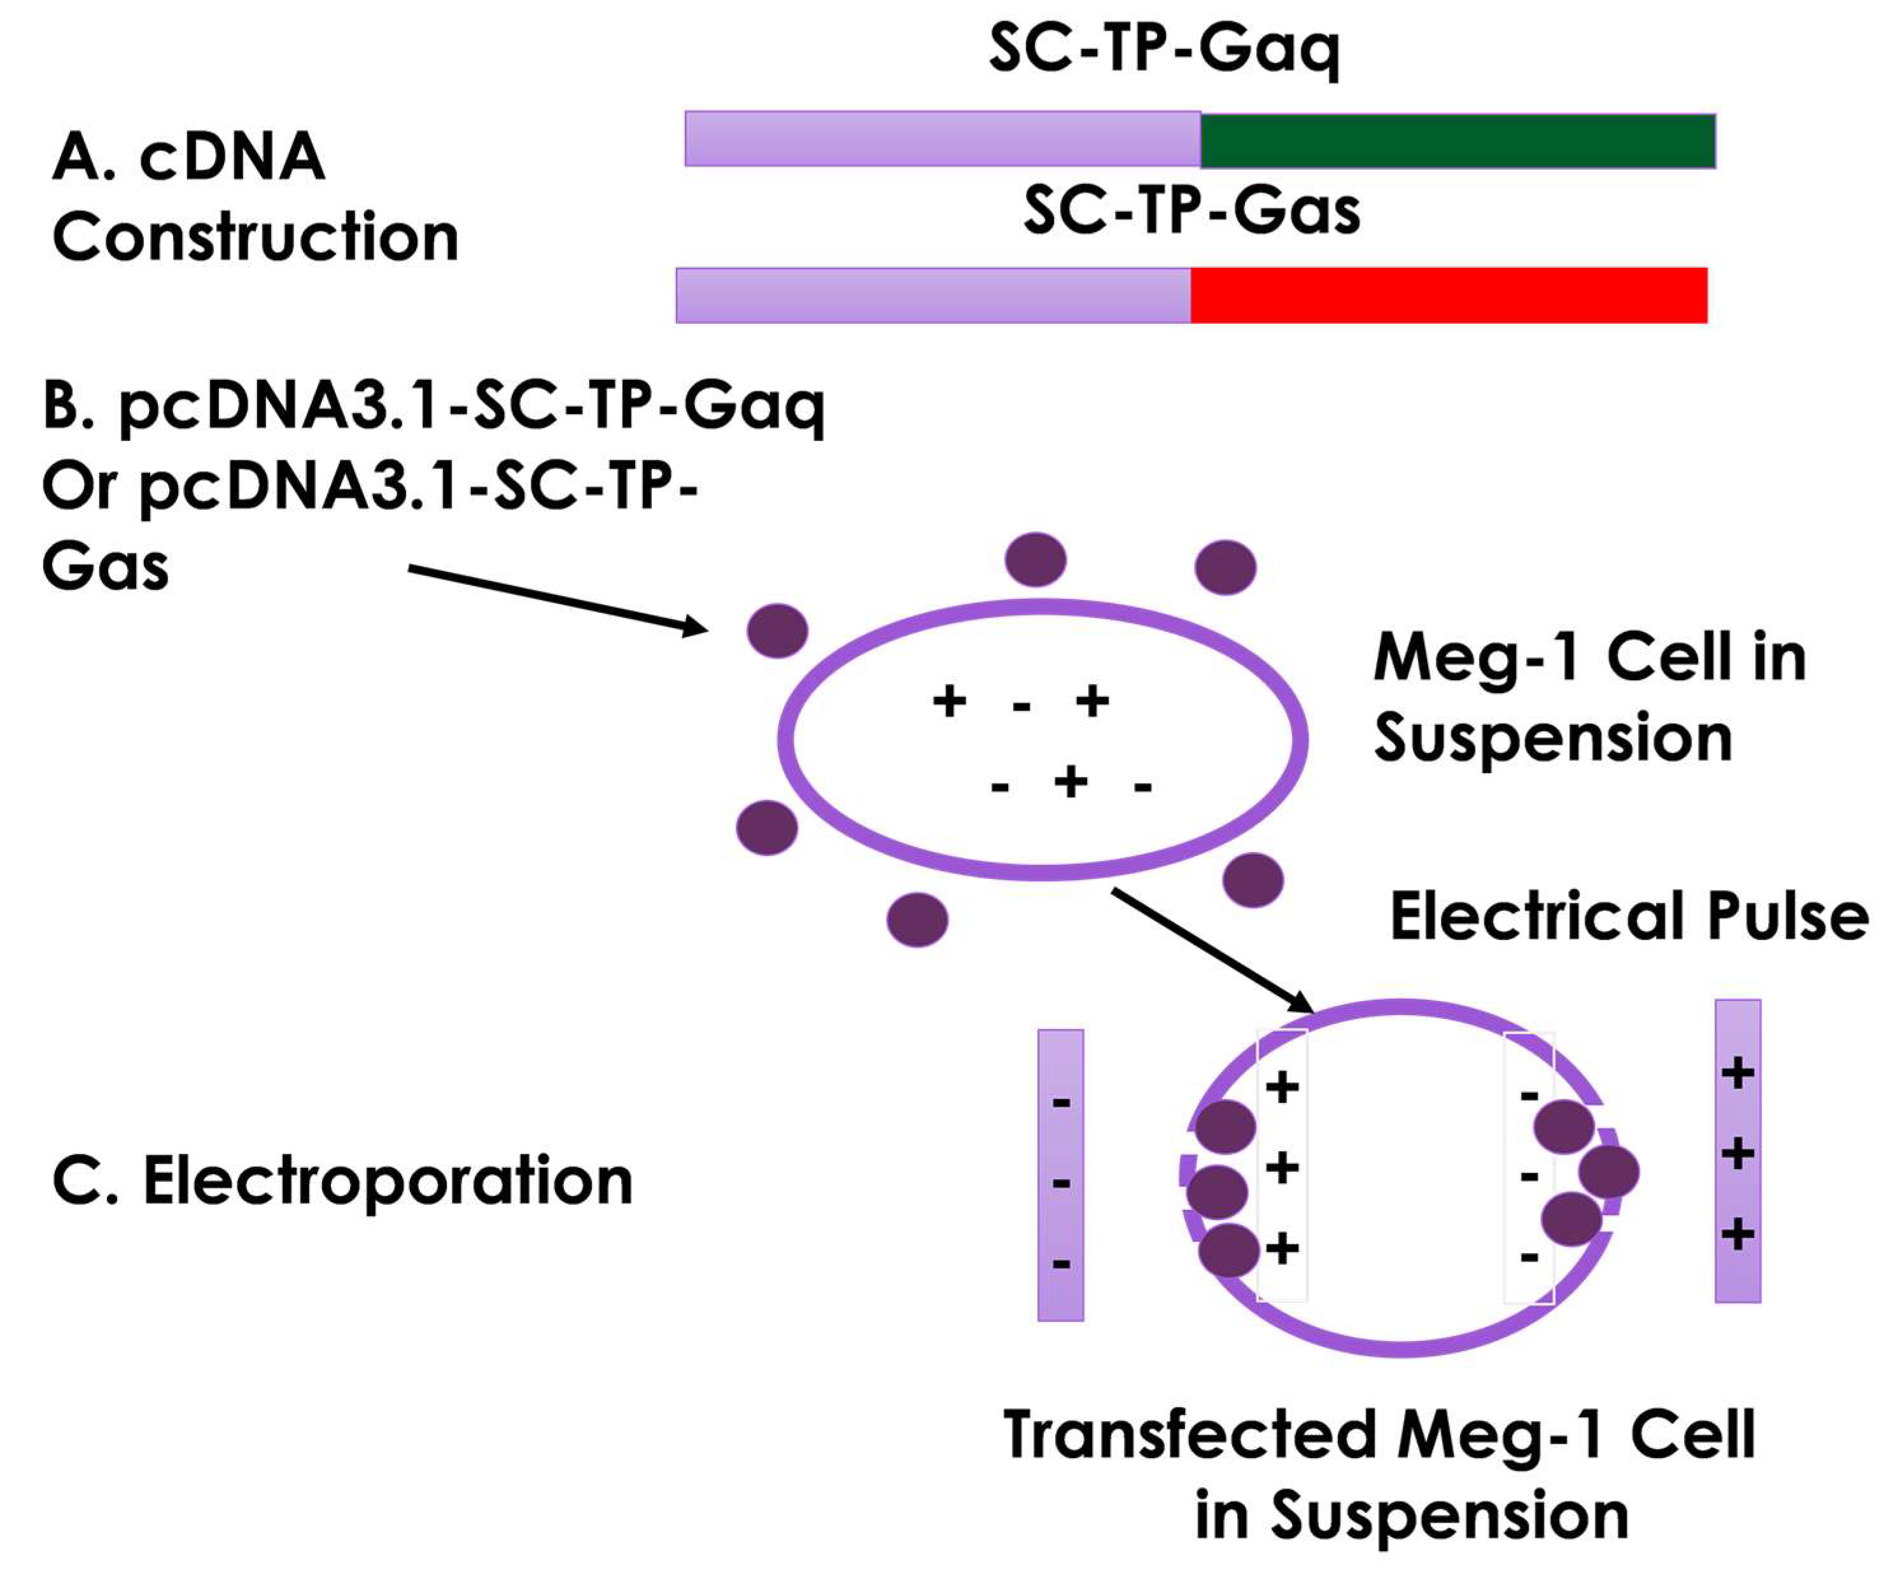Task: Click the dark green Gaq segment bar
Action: [1457, 141]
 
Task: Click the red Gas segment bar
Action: [1448, 295]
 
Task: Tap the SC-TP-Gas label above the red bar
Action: [1191, 212]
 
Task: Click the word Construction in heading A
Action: [255, 237]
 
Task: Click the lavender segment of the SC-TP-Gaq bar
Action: [942, 139]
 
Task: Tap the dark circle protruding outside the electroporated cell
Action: [1609, 1172]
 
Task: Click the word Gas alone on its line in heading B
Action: [105, 568]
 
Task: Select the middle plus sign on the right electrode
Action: [1737, 1154]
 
